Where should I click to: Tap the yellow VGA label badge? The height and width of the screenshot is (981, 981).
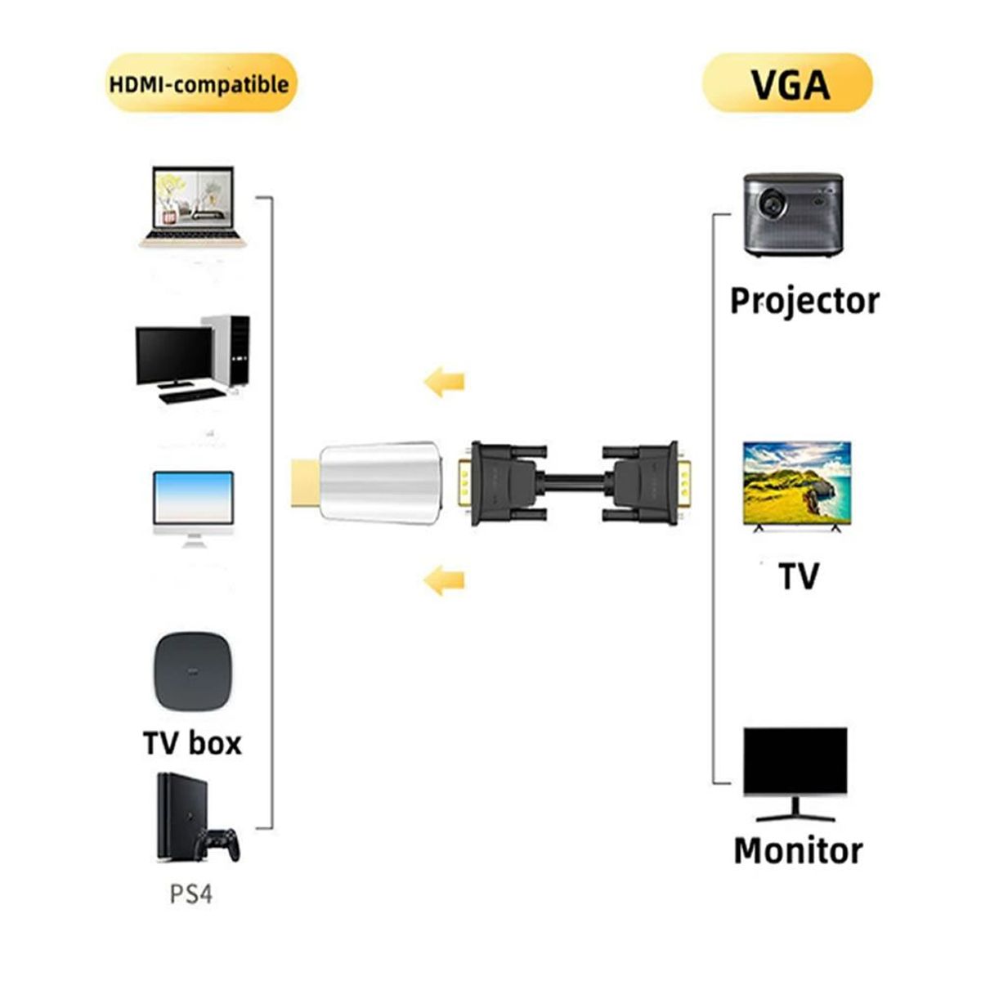(788, 83)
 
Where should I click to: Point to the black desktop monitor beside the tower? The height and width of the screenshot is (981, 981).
(173, 358)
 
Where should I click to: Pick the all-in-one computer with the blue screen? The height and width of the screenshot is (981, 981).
(194, 507)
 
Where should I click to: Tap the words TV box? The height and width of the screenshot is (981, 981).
(193, 743)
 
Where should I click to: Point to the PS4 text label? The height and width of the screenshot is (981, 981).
(191, 894)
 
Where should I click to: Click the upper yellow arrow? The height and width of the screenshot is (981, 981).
(444, 381)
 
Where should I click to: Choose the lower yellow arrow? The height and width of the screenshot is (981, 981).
(444, 580)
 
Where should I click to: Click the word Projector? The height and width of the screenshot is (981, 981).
(804, 301)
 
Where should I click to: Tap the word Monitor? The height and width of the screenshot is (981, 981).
(798, 850)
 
